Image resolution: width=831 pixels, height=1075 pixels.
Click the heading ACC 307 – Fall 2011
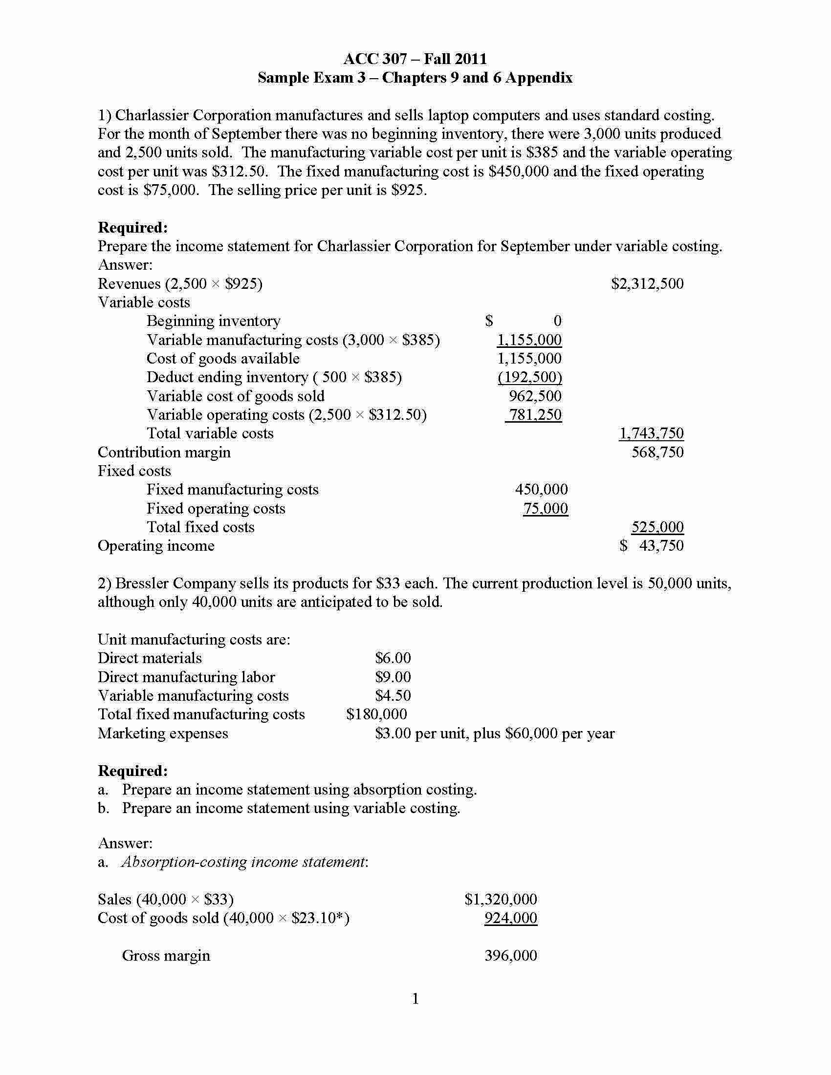415,59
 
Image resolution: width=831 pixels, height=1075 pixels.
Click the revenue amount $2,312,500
647,283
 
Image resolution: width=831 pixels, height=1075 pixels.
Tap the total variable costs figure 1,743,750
651,433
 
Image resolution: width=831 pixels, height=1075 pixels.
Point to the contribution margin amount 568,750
657,452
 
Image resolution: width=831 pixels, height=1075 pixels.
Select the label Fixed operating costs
216,508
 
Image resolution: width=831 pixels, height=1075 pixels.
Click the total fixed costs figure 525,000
657,527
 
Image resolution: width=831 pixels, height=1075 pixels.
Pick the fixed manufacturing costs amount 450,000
541,489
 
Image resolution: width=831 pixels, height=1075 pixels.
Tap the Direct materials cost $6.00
393,658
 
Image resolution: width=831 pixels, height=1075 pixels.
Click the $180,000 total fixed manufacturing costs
376,714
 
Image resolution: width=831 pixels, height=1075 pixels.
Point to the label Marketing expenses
162,733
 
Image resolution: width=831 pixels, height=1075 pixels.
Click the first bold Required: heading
133,227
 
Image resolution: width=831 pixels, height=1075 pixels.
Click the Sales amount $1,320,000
500,899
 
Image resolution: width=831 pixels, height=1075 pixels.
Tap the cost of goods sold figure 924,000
510,918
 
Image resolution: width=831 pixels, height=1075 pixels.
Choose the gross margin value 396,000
510,955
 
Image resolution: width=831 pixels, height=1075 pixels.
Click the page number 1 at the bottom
415,999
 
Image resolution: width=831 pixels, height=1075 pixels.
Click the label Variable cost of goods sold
235,396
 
